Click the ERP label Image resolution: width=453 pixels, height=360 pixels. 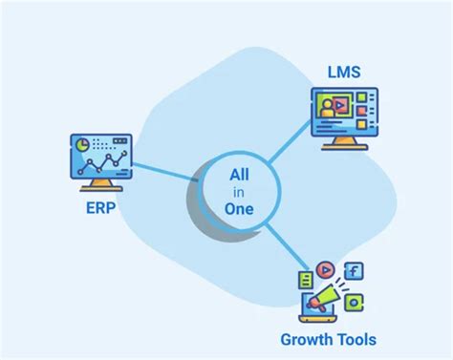tap(100, 209)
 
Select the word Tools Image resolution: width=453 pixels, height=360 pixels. tap(356, 339)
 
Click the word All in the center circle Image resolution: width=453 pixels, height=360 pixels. tap(240, 175)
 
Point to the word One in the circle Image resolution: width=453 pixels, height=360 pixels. tap(239, 208)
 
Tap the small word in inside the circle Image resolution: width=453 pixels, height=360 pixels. tap(240, 192)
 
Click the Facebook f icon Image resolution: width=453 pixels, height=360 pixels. tap(354, 272)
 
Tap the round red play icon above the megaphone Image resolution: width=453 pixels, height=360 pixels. tap(326, 270)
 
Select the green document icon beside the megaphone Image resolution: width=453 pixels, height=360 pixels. tap(306, 281)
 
